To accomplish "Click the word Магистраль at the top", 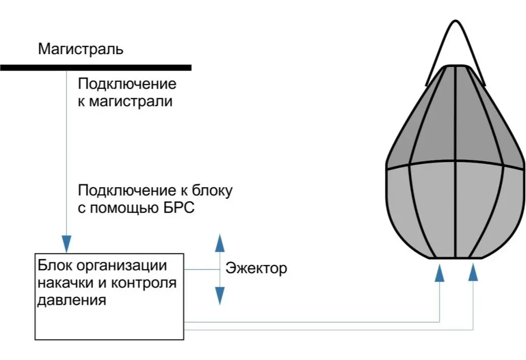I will (x=81, y=50).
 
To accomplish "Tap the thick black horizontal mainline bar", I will (x=96, y=67).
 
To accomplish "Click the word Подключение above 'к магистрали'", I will (x=127, y=84).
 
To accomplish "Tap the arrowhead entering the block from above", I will (x=66, y=241).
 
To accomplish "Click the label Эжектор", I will (x=256, y=268).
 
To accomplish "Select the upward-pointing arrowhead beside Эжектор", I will (x=220, y=242).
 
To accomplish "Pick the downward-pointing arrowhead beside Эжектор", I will (x=220, y=296).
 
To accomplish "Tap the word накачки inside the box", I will (x=62, y=283).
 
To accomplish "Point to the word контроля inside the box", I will (x=145, y=283).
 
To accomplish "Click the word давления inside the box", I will (x=72, y=300).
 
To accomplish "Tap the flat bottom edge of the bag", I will (x=455, y=258).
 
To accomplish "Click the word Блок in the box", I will (x=51, y=266).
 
